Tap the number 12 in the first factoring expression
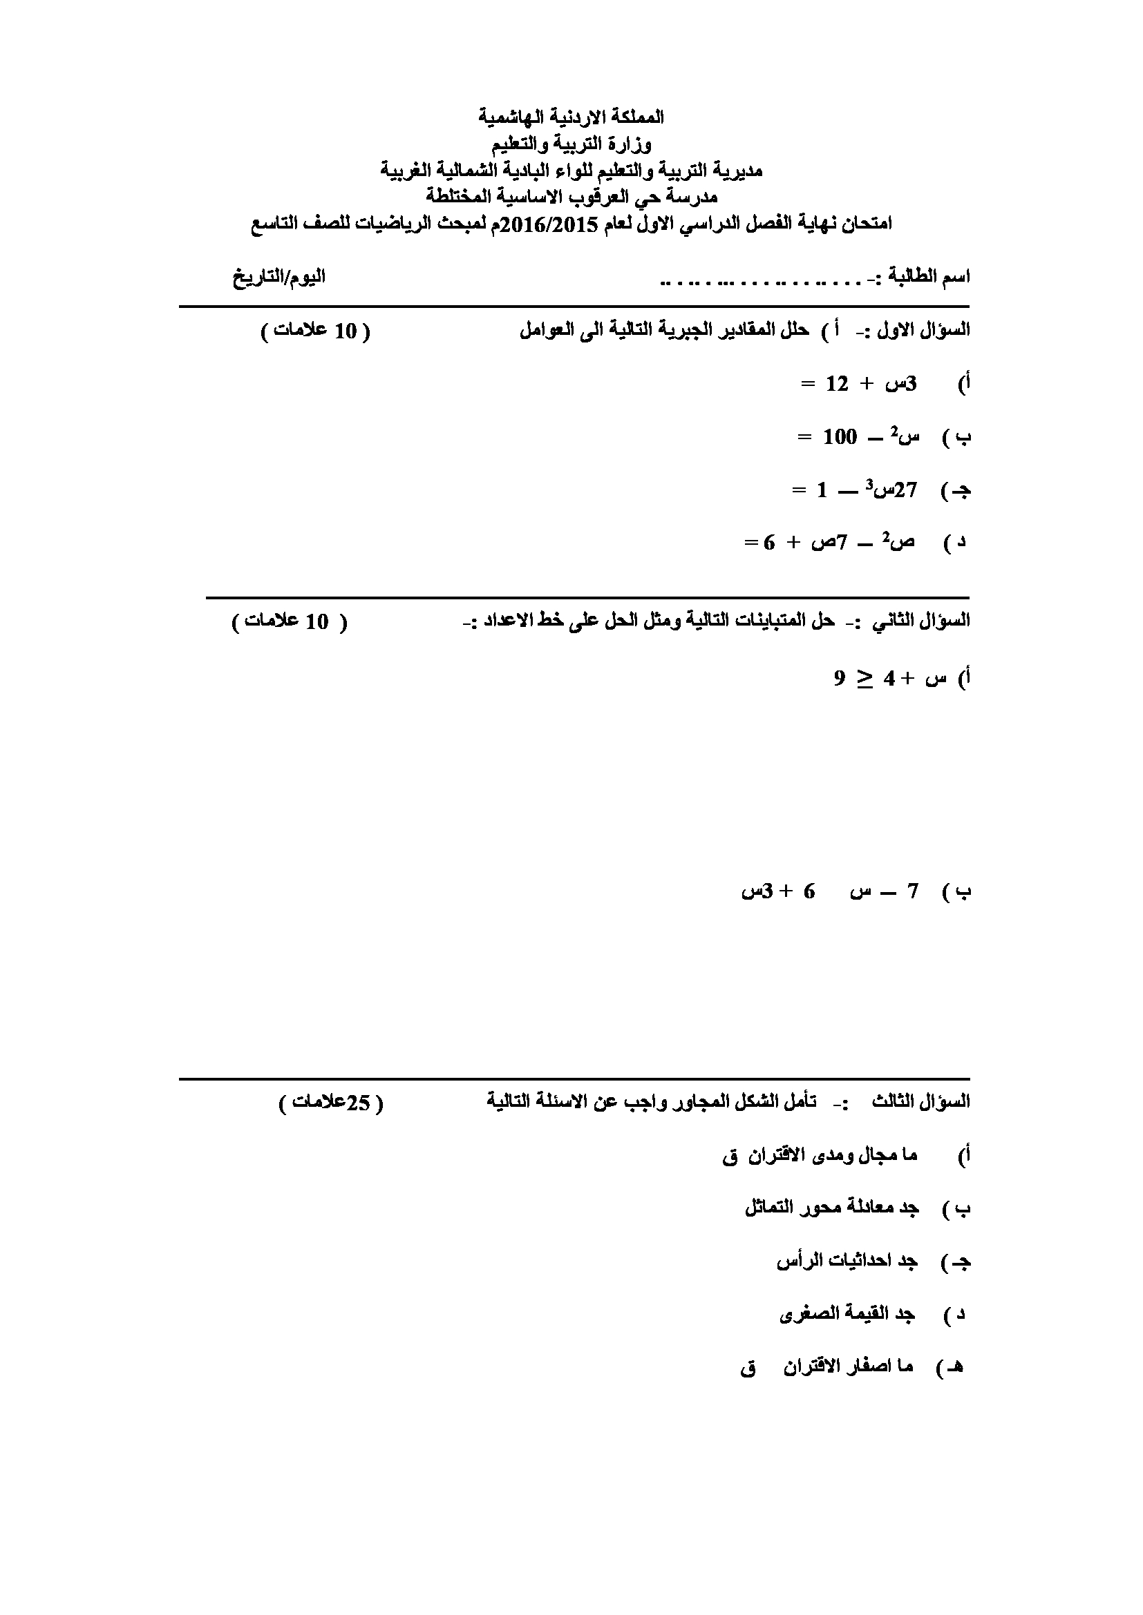[837, 384]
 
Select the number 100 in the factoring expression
[840, 437]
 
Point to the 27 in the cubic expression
[905, 490]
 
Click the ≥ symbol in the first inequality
[865, 679]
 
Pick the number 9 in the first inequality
[840, 679]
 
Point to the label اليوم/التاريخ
[278, 275]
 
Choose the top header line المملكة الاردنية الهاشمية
[571, 117]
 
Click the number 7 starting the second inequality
[913, 892]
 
